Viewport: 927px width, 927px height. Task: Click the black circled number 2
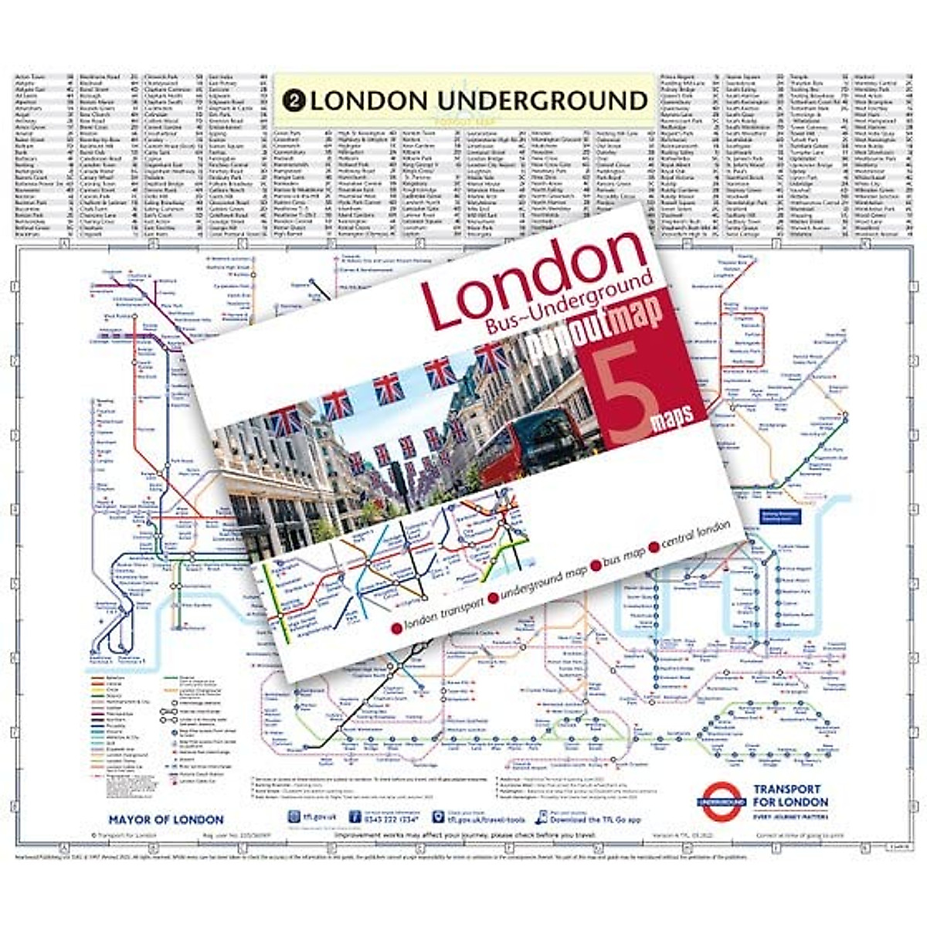pyautogui.click(x=293, y=100)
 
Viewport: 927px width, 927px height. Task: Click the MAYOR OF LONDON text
pyautogui.click(x=166, y=820)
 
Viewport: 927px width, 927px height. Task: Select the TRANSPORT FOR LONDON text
pyautogui.click(x=789, y=796)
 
